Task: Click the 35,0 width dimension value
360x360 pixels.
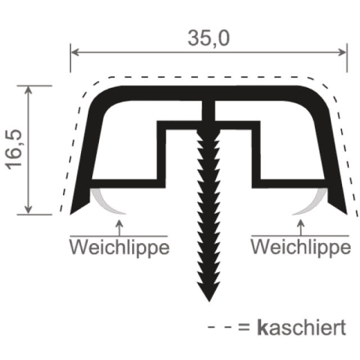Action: [x=208, y=38]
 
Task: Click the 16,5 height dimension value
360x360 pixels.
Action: [x=14, y=150]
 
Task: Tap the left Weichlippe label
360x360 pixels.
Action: [x=119, y=247]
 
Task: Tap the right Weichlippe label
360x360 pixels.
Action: [x=301, y=247]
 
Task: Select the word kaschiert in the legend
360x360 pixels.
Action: [x=301, y=328]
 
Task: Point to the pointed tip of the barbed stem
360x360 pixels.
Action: [x=208, y=301]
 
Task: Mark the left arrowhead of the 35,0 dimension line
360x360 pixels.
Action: [x=75, y=52]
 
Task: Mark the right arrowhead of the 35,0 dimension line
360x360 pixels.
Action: [x=342, y=52]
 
